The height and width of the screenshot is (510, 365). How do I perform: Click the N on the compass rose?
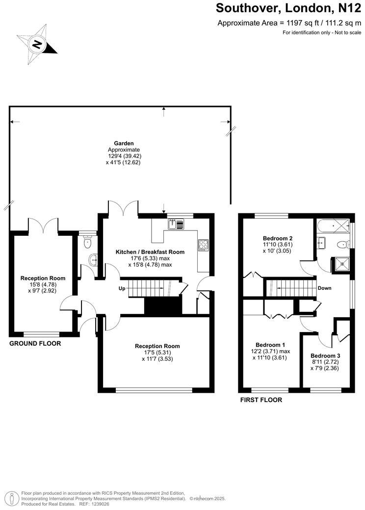click(37, 44)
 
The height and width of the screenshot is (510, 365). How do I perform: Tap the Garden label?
click(124, 143)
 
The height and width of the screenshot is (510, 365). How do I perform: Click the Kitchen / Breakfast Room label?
click(150, 252)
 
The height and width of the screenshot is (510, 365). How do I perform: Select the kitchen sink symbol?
click(176, 224)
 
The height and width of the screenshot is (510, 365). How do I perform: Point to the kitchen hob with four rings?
click(204, 245)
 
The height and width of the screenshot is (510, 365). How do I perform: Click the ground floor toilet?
click(88, 241)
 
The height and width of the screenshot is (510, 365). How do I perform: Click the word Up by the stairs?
click(122, 288)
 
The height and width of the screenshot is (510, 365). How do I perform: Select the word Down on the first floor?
click(324, 288)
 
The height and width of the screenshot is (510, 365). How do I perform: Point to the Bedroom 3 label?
click(325, 356)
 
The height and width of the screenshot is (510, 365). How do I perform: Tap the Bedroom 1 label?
click(270, 345)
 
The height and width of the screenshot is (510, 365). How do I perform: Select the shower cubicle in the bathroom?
click(340, 265)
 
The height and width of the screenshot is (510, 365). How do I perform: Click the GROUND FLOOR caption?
click(35, 343)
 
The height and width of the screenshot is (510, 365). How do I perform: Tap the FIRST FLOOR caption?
click(261, 400)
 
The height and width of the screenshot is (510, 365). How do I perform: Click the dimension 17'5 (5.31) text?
click(157, 353)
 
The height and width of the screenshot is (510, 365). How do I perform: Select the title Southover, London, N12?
click(288, 8)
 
